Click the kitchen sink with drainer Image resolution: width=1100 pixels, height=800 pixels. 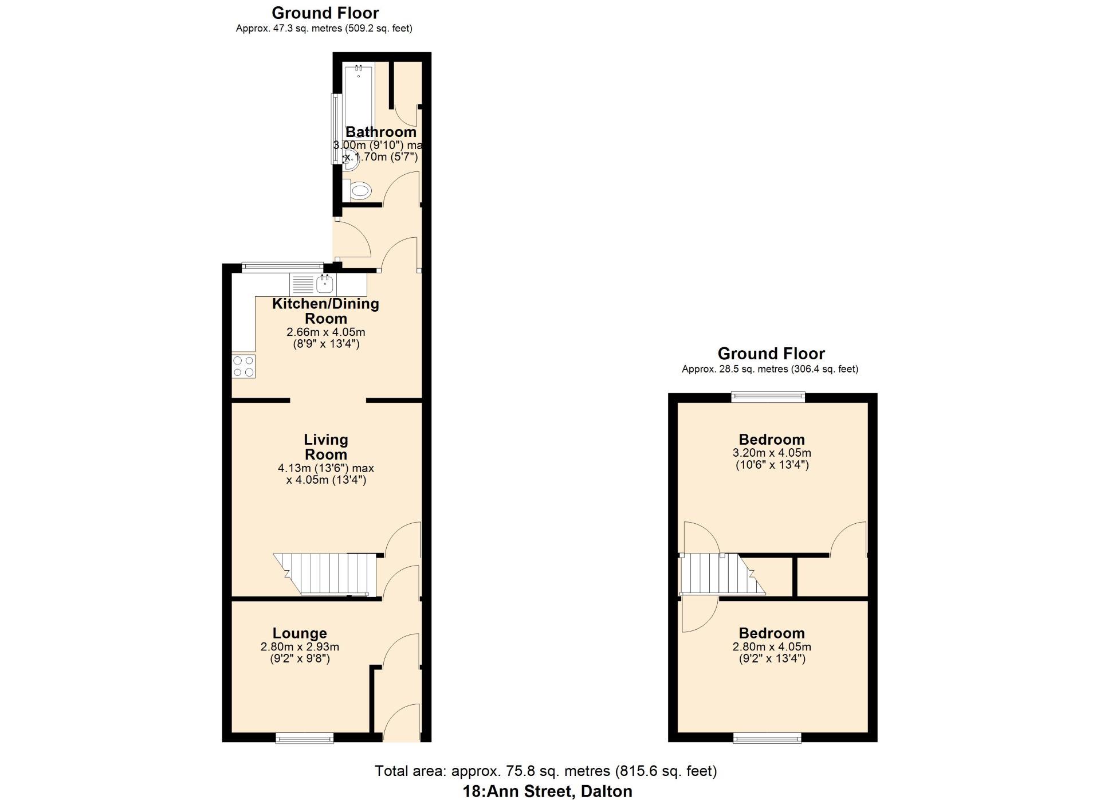point(313,284)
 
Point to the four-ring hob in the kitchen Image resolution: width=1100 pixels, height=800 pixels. point(243,366)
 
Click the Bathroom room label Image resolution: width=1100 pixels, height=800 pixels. point(381,132)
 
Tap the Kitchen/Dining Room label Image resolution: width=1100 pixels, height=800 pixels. point(325,311)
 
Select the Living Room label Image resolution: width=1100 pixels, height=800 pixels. point(325,447)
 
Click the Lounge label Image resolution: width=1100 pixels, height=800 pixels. point(300,633)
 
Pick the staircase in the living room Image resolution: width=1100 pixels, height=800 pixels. point(325,574)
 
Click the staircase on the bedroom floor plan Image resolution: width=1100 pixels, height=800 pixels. point(722,574)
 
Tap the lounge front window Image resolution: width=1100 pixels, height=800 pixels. point(305,738)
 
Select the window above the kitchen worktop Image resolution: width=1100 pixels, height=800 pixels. point(282,266)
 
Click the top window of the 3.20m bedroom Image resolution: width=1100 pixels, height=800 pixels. point(768,397)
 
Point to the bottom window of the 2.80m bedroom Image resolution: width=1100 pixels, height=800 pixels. point(768,738)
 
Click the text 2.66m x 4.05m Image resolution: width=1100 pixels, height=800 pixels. point(326,332)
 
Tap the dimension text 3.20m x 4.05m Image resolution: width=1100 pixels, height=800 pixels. point(772,453)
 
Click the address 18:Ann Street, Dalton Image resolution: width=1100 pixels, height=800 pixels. point(548,791)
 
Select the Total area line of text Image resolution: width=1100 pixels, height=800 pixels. point(546,771)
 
